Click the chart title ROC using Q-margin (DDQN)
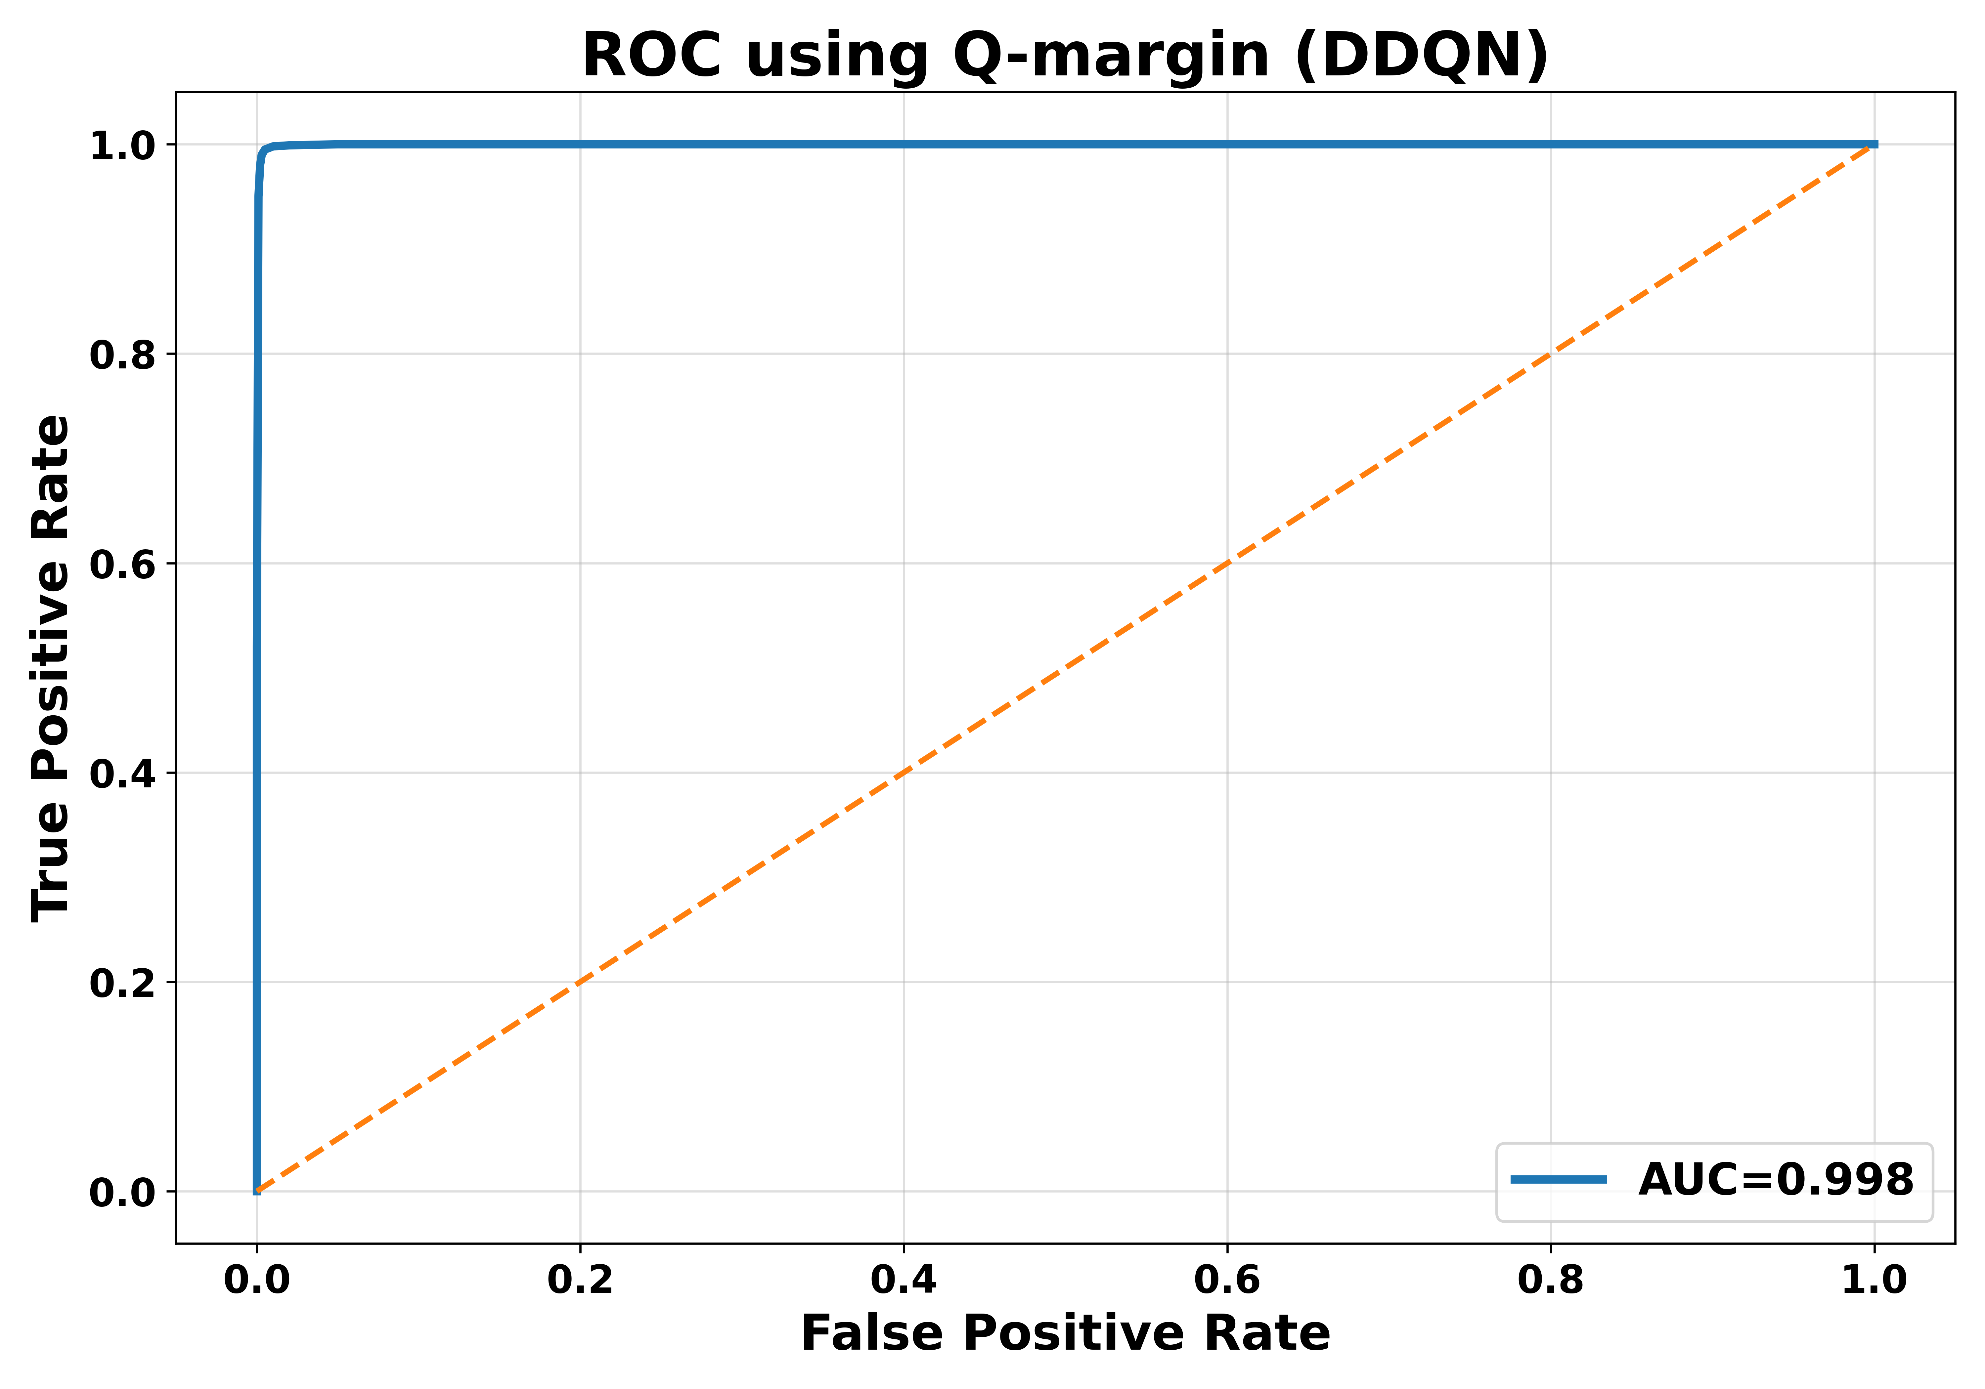(x=1065, y=55)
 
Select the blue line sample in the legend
(x=1559, y=1179)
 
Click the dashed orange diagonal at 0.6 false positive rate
(x=1227, y=564)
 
